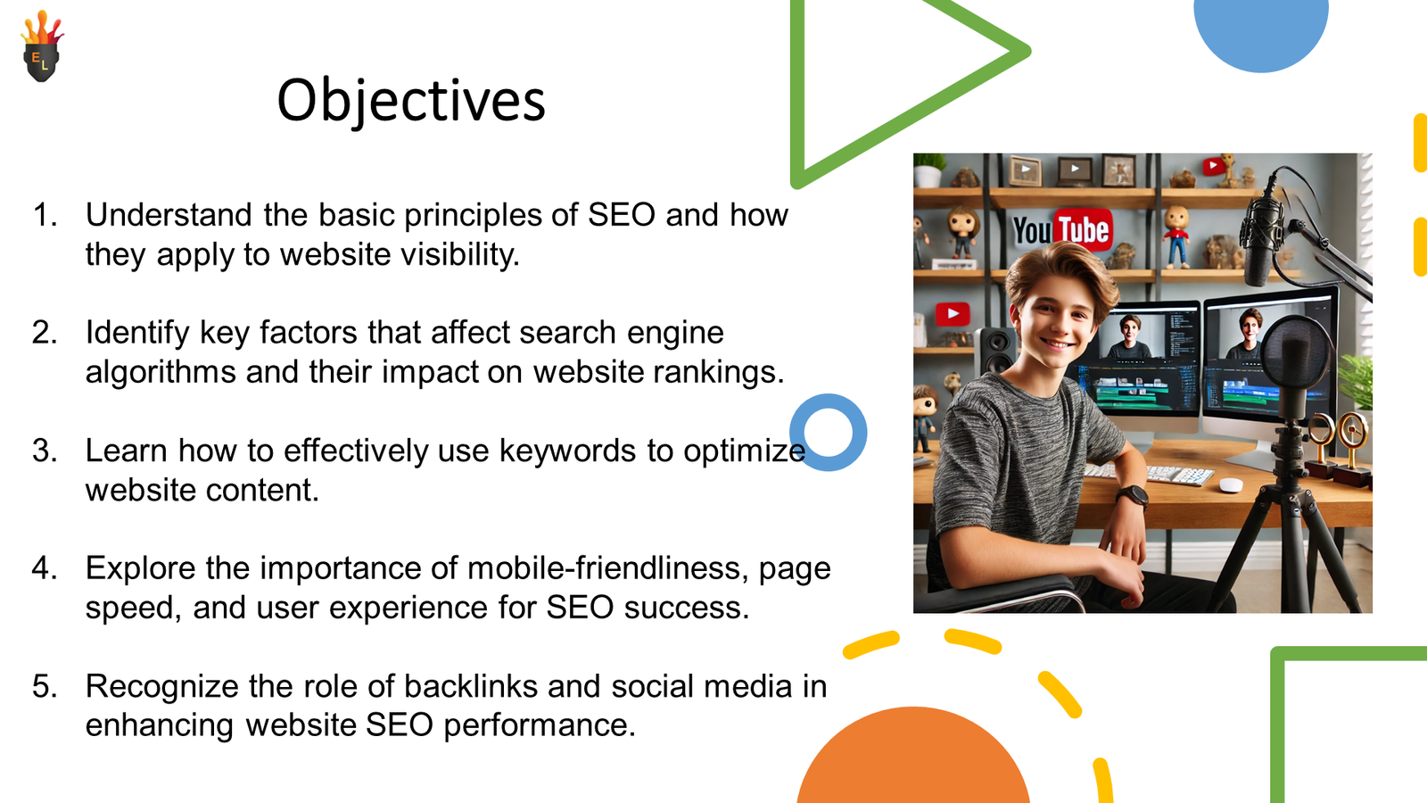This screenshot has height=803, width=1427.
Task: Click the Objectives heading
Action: (x=410, y=100)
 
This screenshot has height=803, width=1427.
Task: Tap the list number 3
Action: (x=45, y=451)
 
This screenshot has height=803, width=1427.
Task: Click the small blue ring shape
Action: (x=829, y=433)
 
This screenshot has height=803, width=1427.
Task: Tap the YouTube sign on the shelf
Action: (x=1061, y=230)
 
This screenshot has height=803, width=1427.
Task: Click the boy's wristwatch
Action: (x=1132, y=495)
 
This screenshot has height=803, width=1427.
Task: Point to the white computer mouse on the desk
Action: (x=1231, y=484)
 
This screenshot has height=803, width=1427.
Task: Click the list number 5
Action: (x=45, y=686)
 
